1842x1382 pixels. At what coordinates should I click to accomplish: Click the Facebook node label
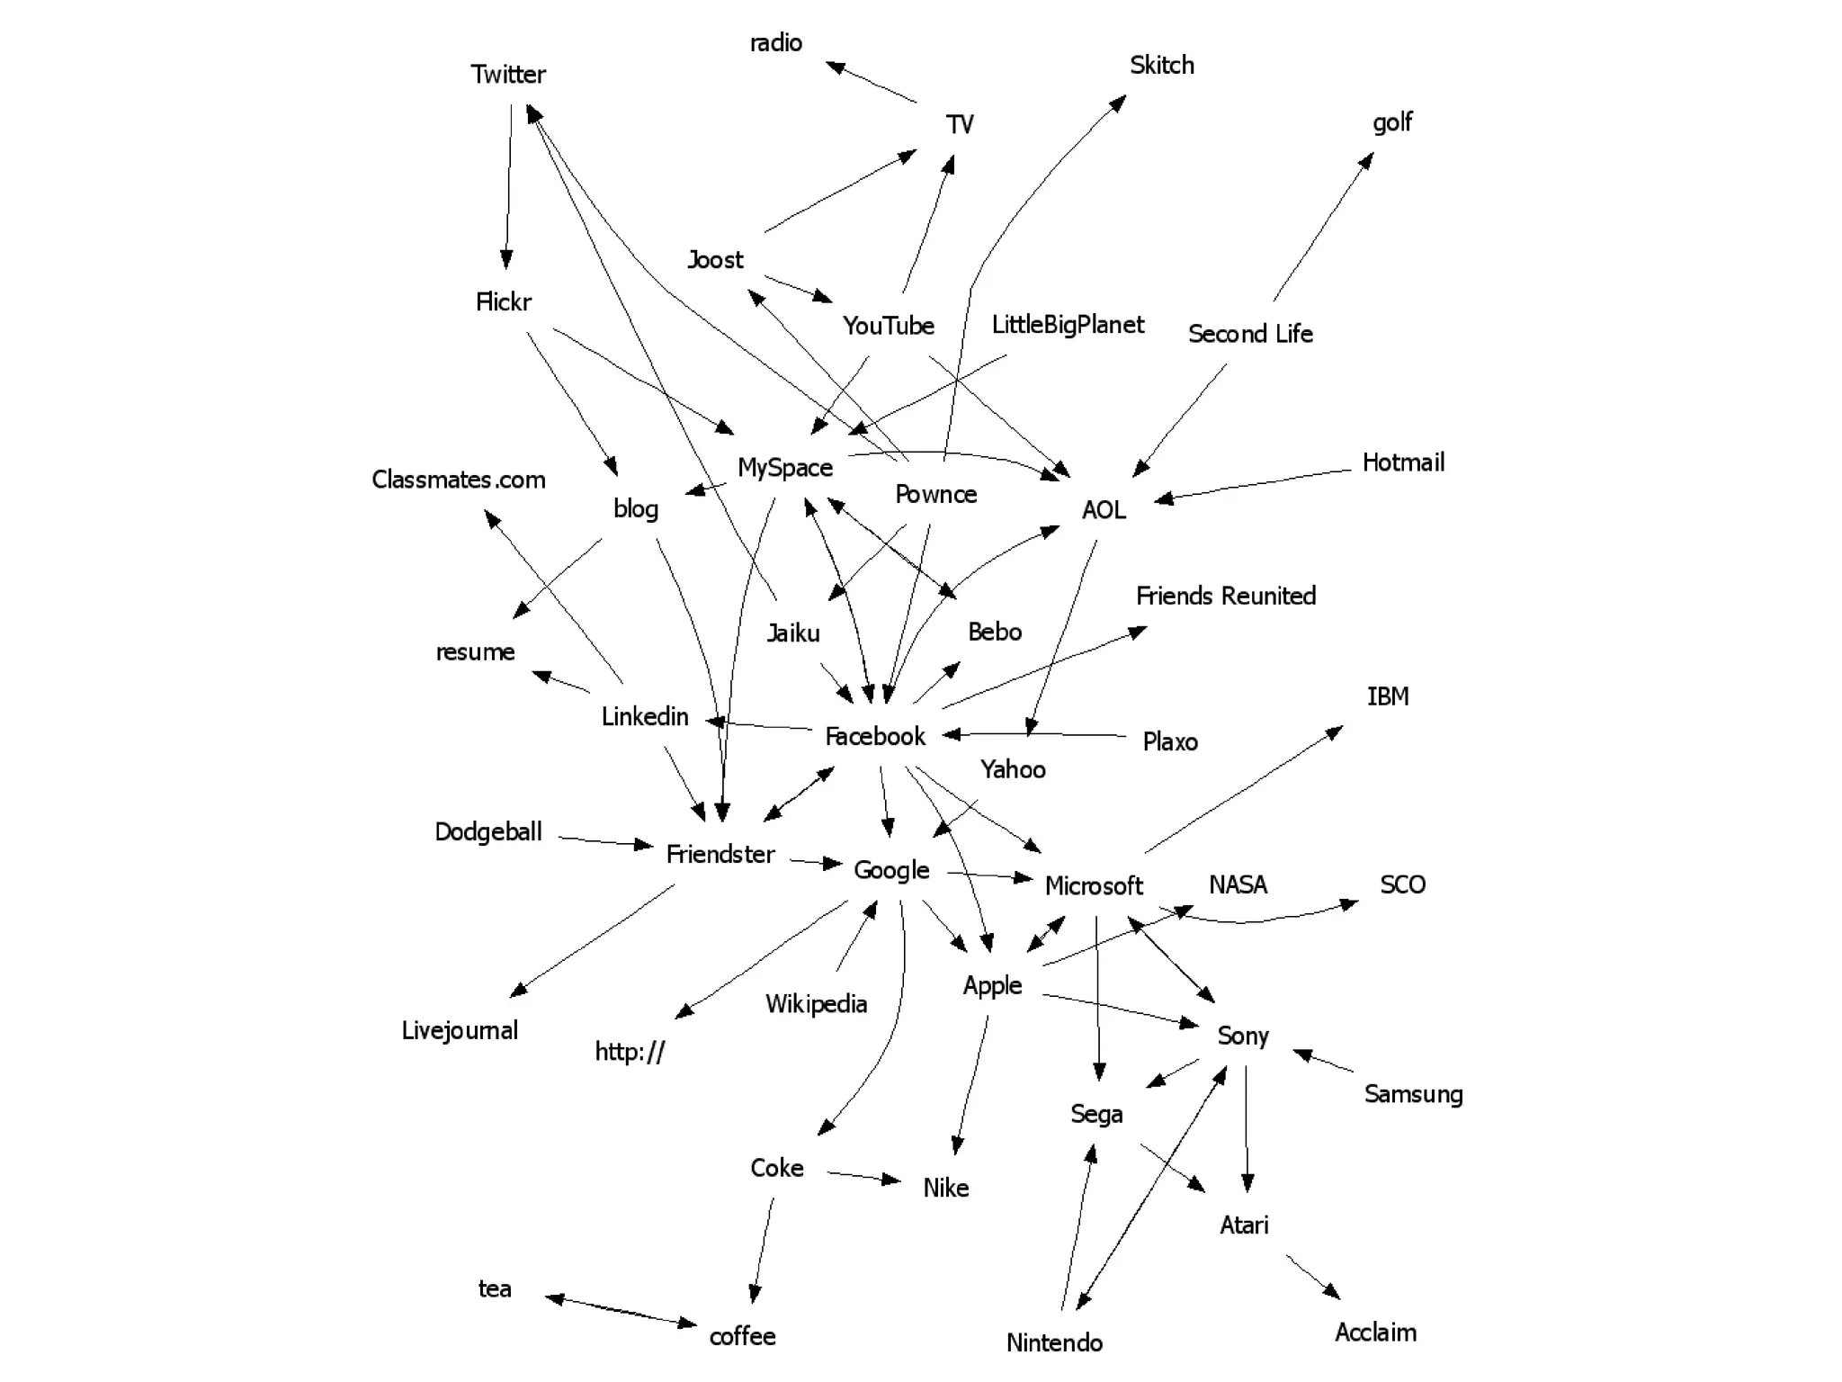click(x=874, y=736)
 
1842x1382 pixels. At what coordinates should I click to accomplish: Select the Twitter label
click(x=508, y=74)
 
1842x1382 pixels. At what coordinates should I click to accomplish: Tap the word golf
click(x=1391, y=121)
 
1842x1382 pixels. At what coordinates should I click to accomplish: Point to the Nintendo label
click(x=1054, y=1342)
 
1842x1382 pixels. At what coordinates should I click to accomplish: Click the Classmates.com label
click(x=459, y=480)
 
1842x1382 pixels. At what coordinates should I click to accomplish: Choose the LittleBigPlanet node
click(x=1068, y=325)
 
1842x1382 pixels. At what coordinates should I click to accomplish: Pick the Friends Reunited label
click(x=1226, y=596)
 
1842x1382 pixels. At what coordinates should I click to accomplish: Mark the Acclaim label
click(x=1375, y=1332)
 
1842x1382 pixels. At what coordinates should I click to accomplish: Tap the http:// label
click(x=630, y=1051)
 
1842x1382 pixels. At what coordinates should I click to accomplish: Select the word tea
click(x=495, y=1288)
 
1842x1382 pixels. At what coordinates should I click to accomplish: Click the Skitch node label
click(x=1162, y=65)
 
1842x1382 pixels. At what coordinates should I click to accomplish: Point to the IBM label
click(x=1388, y=696)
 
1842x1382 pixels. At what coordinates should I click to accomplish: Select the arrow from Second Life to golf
click(x=1323, y=227)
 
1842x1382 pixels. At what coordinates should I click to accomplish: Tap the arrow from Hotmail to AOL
click(x=1252, y=484)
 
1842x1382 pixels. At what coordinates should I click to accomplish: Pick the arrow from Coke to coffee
click(x=763, y=1251)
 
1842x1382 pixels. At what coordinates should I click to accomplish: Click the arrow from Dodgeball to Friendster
click(x=605, y=841)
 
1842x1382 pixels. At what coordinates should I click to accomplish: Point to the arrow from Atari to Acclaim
click(x=1313, y=1277)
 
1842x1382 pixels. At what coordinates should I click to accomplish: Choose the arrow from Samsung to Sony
click(x=1323, y=1061)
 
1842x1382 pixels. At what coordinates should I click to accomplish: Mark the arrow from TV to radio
click(x=872, y=82)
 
